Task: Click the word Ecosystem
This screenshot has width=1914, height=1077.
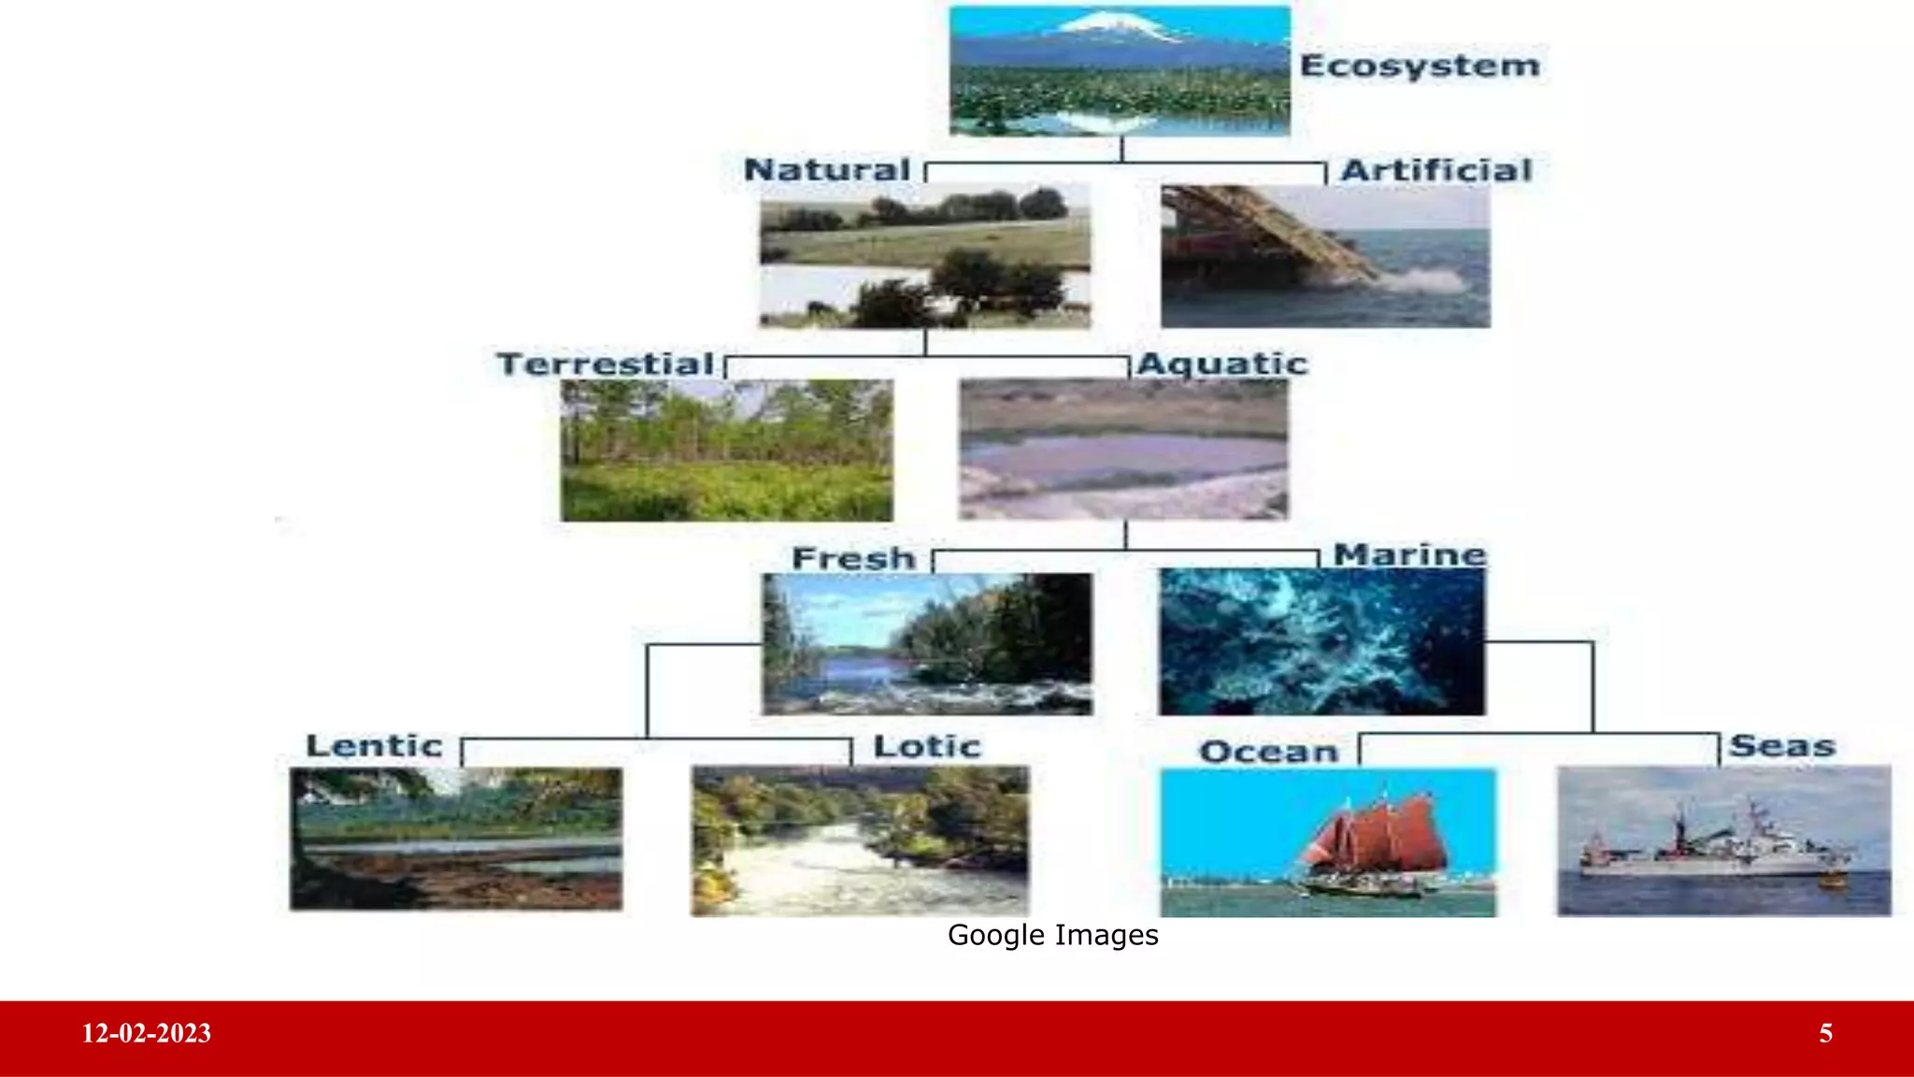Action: click(1419, 65)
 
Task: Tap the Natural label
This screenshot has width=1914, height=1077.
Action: click(826, 170)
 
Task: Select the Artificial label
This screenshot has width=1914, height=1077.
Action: click(1435, 170)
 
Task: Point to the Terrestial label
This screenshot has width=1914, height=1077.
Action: click(605, 364)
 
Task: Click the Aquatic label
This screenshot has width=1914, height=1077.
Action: click(1221, 364)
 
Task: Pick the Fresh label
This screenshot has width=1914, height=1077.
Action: click(853, 558)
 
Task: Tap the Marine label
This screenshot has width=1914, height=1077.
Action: click(1408, 554)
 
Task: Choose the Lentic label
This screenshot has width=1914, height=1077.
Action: click(374, 746)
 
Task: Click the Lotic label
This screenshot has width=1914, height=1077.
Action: click(926, 747)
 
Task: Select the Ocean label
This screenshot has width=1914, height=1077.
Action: click(1268, 752)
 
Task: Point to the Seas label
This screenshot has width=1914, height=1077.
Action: click(1782, 746)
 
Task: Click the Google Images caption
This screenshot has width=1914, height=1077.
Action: click(1052, 935)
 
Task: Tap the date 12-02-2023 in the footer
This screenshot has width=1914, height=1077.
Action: click(147, 1033)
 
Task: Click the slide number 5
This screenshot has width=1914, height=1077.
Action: click(1825, 1033)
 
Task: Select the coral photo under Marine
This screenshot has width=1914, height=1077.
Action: click(1321, 642)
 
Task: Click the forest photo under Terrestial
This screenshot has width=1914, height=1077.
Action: click(726, 450)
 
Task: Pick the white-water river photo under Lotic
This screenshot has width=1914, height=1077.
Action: click(859, 841)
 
